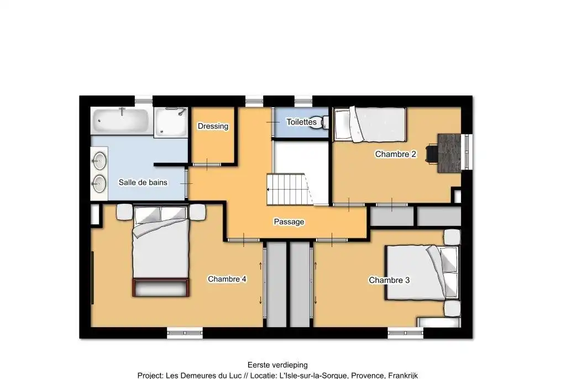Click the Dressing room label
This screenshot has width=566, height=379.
tap(213, 126)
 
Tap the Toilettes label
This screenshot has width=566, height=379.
tap(301, 122)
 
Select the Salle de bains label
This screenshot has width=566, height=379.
tap(143, 182)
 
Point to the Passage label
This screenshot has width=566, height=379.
tap(289, 222)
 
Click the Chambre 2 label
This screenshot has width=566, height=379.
tap(396, 154)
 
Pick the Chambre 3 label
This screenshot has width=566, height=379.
tap(389, 280)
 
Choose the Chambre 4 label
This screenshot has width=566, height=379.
tap(227, 279)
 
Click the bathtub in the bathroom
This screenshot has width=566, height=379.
tap(120, 120)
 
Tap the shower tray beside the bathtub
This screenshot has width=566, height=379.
tap(171, 122)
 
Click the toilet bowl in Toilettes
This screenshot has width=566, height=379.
tap(319, 123)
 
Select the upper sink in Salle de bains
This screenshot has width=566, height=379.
tap(99, 161)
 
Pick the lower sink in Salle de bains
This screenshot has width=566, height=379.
tap(99, 184)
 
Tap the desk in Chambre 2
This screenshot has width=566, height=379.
tap(449, 153)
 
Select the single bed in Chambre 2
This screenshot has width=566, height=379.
tap(370, 124)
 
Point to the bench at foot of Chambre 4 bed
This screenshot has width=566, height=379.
tap(161, 287)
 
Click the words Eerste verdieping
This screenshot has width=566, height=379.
tap(277, 365)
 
